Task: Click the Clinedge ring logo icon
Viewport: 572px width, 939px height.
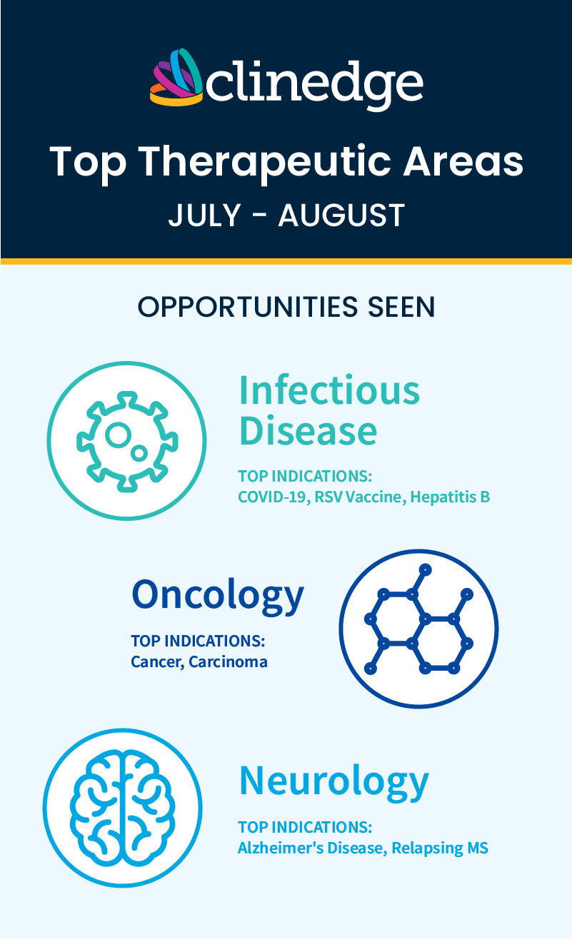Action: tap(177, 77)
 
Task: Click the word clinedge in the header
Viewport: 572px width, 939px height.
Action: tap(315, 85)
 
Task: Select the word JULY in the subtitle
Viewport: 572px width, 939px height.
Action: tap(204, 215)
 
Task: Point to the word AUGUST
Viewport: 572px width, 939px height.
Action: tap(341, 215)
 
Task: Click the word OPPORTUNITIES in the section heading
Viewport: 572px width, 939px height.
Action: tap(248, 307)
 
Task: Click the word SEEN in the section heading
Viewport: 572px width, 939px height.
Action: tap(401, 307)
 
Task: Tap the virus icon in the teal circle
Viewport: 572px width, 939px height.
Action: tap(127, 442)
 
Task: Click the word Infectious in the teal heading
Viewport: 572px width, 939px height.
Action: tap(329, 390)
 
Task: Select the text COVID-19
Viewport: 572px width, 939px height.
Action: tap(274, 497)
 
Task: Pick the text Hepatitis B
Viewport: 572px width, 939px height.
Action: tap(450, 497)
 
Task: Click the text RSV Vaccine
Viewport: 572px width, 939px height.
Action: tap(360, 497)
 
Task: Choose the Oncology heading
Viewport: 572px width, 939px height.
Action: tap(218, 596)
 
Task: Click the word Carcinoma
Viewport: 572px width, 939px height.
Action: tap(228, 662)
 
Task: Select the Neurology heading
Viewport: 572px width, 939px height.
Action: tap(334, 782)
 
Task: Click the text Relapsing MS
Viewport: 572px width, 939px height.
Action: tap(440, 848)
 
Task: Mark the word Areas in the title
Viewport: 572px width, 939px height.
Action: tap(463, 162)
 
